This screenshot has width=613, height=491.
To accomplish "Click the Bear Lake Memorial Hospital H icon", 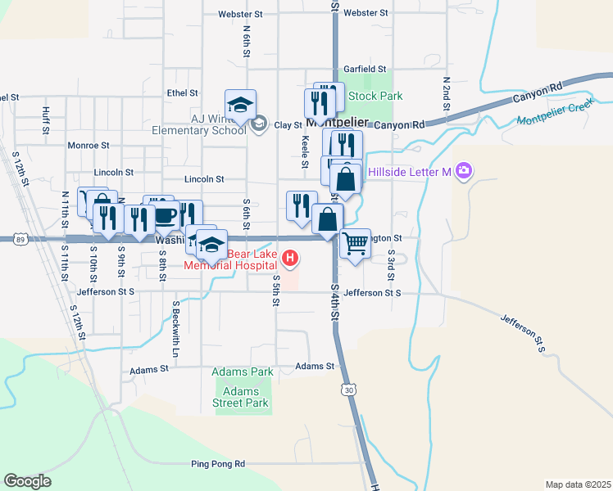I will [x=289, y=259].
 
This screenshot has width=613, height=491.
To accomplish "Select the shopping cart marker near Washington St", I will [x=355, y=243].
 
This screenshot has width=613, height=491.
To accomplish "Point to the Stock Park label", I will [x=375, y=96].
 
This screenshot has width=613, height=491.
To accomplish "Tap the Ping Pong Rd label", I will [x=217, y=464].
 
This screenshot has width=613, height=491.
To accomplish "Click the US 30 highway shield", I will [x=350, y=390].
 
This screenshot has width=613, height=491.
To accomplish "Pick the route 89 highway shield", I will [x=18, y=239].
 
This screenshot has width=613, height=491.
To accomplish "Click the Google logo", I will [x=27, y=481].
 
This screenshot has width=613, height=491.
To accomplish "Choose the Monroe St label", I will [x=84, y=144].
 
